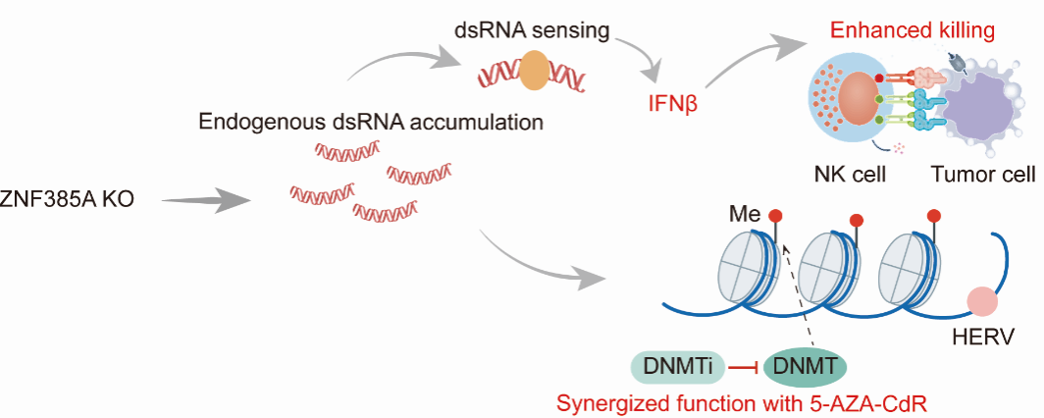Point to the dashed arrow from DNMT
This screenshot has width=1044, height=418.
[x=799, y=294]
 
